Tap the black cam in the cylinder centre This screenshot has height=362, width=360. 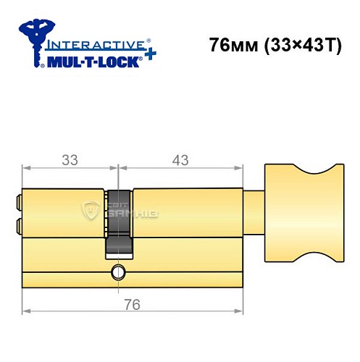(x=119, y=221)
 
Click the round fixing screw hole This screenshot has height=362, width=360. (x=116, y=273)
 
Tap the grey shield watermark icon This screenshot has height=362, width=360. (x=92, y=211)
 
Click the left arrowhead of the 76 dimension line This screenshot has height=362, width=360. (x=26, y=311)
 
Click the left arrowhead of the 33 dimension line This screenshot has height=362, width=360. (x=26, y=169)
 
